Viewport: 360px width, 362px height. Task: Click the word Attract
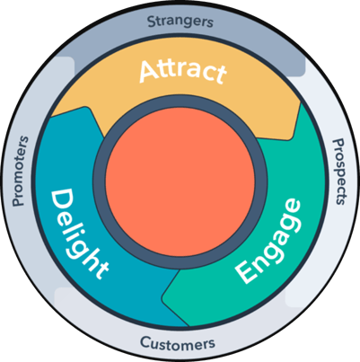pos(180,72)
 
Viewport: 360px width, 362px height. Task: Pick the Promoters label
pos(20,171)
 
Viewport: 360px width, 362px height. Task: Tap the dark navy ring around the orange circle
pos(180,110)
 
